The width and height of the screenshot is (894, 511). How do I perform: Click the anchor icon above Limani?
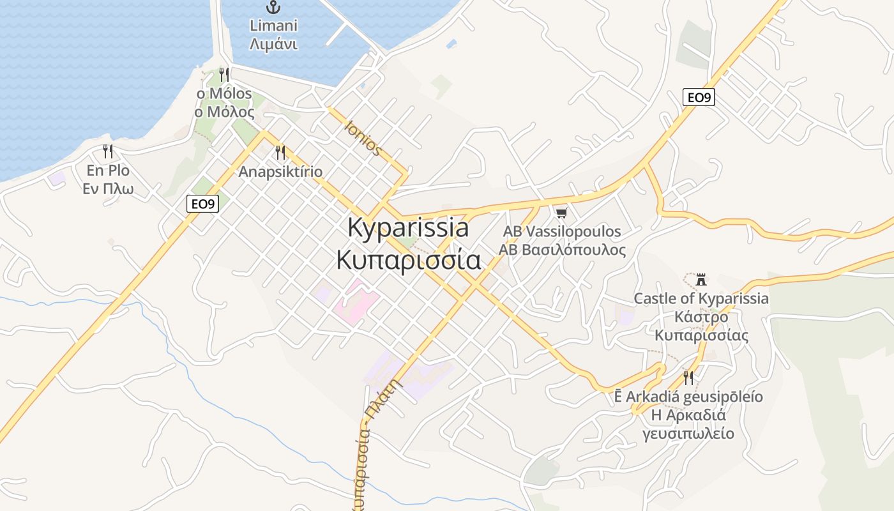[274, 7]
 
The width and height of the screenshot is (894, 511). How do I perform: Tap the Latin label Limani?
[274, 26]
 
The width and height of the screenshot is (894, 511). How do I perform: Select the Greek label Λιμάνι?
[274, 44]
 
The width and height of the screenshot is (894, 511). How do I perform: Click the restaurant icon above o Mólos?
[223, 75]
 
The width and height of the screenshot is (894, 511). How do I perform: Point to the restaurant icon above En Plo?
[108, 151]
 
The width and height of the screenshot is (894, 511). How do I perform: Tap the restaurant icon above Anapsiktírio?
[280, 152]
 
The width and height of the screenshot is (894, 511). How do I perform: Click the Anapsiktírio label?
[280, 172]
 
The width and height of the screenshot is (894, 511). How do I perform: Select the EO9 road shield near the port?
[203, 204]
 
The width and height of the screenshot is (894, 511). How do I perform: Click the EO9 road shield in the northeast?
[699, 97]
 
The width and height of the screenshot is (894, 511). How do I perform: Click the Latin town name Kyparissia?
[408, 228]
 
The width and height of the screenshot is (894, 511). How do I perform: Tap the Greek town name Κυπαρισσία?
[408, 260]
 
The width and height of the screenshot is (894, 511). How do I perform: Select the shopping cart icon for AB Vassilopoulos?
[561, 213]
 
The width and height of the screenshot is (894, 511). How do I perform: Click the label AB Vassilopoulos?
[562, 231]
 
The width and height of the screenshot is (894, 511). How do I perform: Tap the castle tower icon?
[701, 279]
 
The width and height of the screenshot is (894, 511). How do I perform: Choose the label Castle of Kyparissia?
[701, 298]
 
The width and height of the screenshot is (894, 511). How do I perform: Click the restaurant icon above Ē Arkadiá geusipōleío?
[688, 378]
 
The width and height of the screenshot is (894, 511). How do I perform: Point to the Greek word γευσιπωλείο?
[688, 434]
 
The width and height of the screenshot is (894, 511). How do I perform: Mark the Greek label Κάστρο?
[701, 317]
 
